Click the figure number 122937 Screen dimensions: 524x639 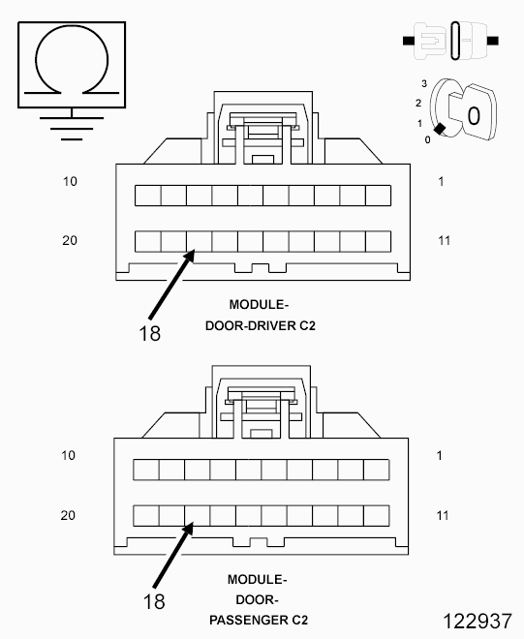[x=478, y=621]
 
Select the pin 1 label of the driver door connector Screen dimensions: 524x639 [x=441, y=181]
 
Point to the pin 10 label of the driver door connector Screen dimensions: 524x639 [x=70, y=181]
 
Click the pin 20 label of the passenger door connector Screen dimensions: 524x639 [x=68, y=515]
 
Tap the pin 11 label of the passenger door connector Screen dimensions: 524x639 [x=443, y=515]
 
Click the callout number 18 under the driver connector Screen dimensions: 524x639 [x=150, y=333]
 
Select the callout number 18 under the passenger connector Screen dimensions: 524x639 [x=154, y=601]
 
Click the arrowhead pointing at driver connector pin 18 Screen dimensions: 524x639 [x=190, y=256]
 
